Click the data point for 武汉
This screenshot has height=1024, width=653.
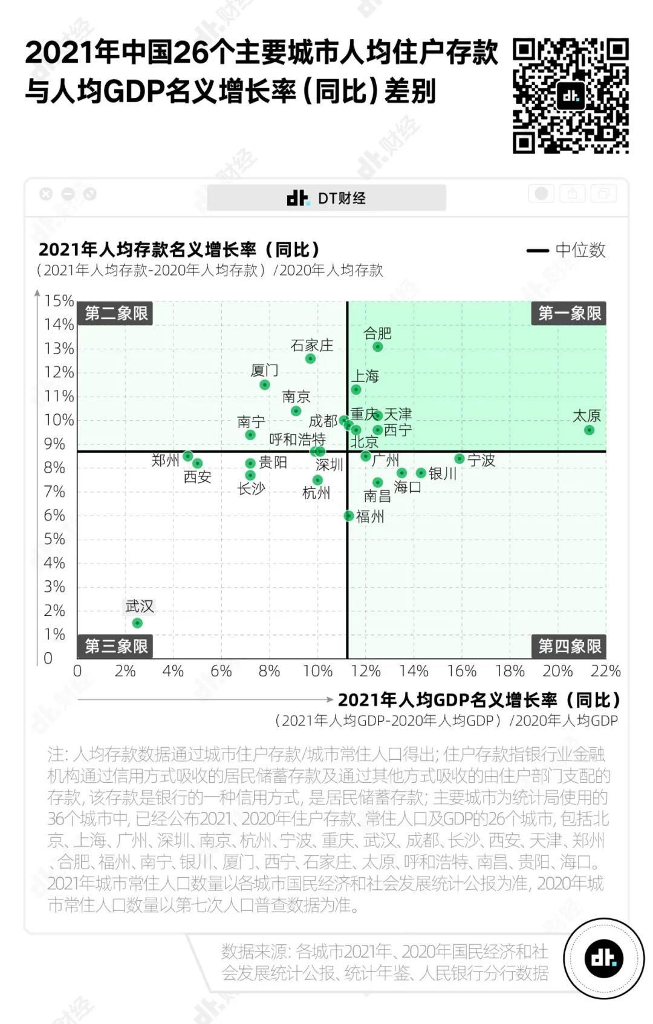click(x=137, y=623)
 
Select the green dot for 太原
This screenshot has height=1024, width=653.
click(x=589, y=430)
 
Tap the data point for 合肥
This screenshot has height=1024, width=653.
click(x=378, y=346)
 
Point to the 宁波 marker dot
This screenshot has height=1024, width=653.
click(x=460, y=459)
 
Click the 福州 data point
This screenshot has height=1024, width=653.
click(x=348, y=516)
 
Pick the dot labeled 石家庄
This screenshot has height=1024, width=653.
click(x=310, y=358)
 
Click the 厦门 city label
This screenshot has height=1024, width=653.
click(x=265, y=370)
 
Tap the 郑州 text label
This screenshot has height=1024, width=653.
click(x=165, y=460)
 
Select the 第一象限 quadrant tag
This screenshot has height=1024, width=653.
click(x=570, y=313)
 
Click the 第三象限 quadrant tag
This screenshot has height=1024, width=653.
click(x=116, y=646)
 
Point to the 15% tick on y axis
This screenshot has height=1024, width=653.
click(x=59, y=300)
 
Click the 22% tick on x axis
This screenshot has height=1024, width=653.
click(x=606, y=671)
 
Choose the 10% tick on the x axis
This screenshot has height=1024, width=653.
click(x=317, y=671)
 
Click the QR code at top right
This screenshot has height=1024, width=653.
click(x=571, y=96)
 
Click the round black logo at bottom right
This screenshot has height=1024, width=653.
click(x=603, y=958)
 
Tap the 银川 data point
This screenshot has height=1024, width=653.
click(x=421, y=473)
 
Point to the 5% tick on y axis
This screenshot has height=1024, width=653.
click(x=54, y=539)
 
